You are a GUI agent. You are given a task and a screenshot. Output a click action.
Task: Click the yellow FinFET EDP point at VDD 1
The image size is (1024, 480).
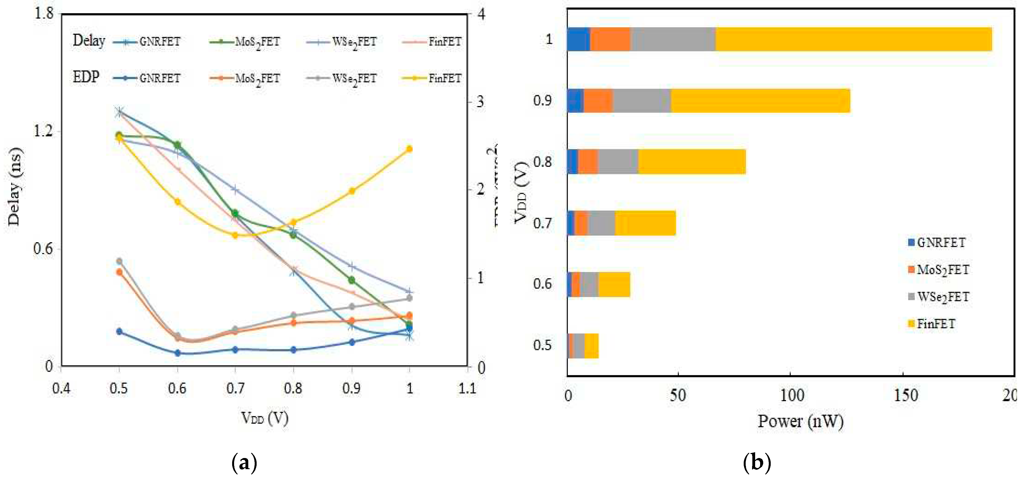tap(409, 149)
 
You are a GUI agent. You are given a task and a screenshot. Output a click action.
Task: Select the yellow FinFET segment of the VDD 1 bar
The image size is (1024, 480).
tap(853, 39)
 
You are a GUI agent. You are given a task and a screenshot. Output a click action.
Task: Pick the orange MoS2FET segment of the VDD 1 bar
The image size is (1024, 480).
tap(610, 39)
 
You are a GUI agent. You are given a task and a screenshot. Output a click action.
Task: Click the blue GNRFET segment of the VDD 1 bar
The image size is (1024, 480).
tap(578, 39)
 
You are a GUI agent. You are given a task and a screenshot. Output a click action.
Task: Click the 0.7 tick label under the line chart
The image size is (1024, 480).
tap(235, 388)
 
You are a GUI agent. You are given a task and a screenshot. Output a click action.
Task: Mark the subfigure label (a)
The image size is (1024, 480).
tap(244, 462)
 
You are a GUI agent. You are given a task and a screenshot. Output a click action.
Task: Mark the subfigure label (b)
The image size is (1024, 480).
tap(757, 462)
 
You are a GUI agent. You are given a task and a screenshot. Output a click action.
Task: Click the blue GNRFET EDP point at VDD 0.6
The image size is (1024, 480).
tap(177, 353)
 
